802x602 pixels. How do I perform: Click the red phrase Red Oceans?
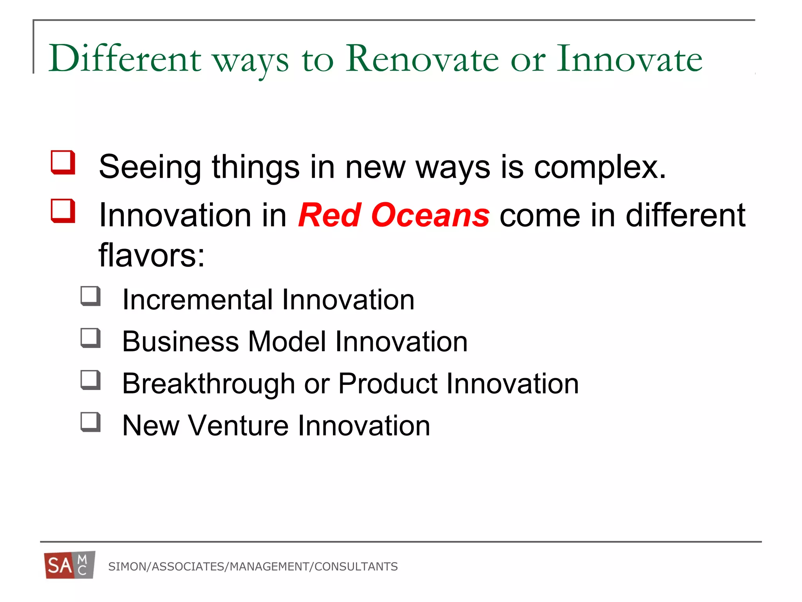pos(394,215)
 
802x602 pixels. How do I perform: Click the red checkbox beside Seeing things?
pos(63,162)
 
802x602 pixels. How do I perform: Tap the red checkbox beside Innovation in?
pos(63,211)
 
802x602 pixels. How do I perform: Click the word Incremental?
pos(197,300)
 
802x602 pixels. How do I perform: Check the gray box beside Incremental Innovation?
pos(90,296)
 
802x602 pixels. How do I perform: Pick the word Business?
pos(180,341)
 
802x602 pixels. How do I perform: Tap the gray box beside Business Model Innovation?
pos(90,338)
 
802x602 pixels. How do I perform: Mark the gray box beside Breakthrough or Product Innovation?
pos(90,380)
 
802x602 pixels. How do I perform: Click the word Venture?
pos(238,426)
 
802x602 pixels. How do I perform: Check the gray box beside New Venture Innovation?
pos(90,422)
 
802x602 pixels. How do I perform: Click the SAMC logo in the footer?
pos(70,565)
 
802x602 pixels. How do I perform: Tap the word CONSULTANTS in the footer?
pos(356,567)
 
